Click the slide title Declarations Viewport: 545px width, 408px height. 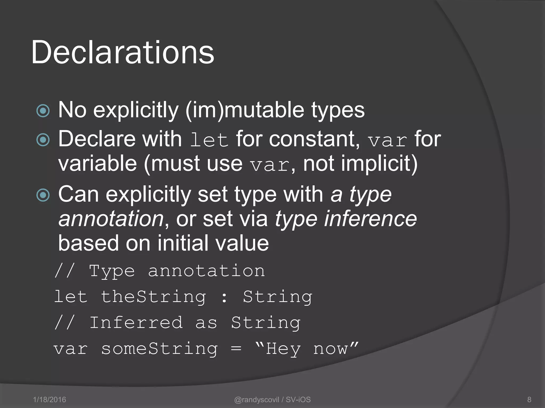coord(123,52)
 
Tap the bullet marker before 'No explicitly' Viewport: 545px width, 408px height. coord(43,111)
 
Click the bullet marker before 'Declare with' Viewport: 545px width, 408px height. coord(43,140)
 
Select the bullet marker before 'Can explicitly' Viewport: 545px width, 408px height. coord(43,195)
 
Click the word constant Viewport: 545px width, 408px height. coord(314,139)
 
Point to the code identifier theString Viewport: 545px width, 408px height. coord(154,297)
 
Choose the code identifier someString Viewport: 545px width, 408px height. coord(159,349)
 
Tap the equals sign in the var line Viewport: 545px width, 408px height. coord(236,349)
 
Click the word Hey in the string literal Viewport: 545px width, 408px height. coord(283,349)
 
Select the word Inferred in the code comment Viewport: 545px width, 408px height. coord(136,323)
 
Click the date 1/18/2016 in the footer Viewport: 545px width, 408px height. coord(49,399)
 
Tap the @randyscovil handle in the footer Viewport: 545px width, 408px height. coord(257,399)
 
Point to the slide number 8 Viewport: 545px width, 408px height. coord(529,399)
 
